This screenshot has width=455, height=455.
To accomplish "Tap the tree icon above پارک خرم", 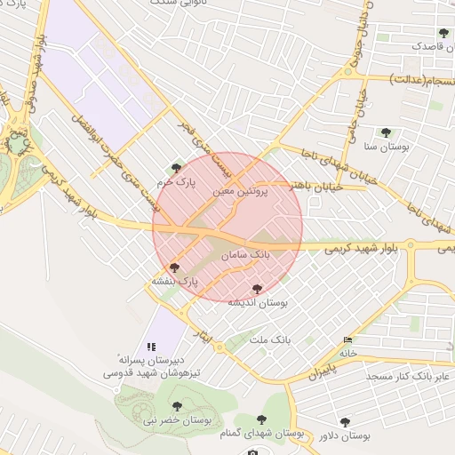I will click(x=176, y=167).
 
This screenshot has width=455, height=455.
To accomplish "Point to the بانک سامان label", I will click(x=247, y=255).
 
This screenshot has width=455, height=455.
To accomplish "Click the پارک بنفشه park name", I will click(x=173, y=280).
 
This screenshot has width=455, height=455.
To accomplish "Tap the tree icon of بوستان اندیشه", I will click(x=258, y=289).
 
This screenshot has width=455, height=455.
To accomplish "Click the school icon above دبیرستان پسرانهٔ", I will click(x=150, y=346).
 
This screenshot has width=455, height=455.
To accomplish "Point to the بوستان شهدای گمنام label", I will click(x=263, y=435).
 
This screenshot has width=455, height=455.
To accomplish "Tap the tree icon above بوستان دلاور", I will click(x=345, y=422).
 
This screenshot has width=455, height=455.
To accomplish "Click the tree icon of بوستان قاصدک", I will click(x=443, y=33).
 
